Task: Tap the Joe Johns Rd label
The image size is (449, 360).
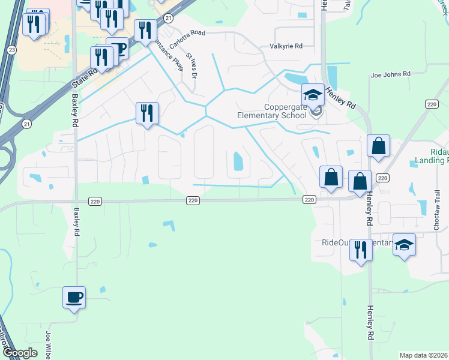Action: [x=390, y=74]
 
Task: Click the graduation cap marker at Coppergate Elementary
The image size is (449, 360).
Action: [x=313, y=95]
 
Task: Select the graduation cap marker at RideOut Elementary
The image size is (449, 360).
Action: [x=405, y=245]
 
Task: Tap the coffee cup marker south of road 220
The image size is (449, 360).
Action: [x=74, y=296]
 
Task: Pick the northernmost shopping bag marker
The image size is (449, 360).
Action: [x=379, y=146]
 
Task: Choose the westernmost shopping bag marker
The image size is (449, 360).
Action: [x=331, y=177]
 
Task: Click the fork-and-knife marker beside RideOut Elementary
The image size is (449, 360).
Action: [x=361, y=248]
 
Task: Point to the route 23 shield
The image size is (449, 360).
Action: [x=13, y=50]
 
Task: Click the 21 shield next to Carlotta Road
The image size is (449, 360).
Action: [x=169, y=19]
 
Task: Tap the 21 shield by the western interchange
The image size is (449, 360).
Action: [x=26, y=124]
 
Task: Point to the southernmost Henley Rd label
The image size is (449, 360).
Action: [x=370, y=322]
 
